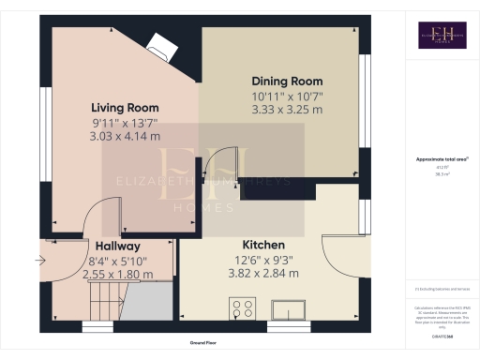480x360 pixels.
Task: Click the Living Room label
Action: (x=124, y=107)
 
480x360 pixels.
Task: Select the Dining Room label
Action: (x=287, y=82)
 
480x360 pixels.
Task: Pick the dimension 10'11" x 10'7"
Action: (x=287, y=96)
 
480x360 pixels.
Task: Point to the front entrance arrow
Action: (x=39, y=260)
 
